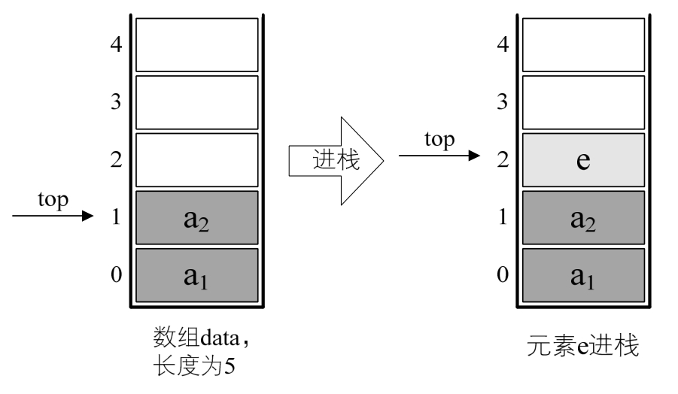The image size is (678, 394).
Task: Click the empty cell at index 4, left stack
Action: [x=196, y=44]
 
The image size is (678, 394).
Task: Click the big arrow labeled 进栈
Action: [x=336, y=159]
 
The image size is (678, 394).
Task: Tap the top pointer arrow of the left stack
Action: [x=53, y=217]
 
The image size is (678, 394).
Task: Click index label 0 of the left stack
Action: [x=116, y=275]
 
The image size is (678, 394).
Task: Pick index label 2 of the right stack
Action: [x=503, y=160]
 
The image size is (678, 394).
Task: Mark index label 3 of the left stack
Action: [x=116, y=102]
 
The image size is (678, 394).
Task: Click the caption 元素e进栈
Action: [x=583, y=348]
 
